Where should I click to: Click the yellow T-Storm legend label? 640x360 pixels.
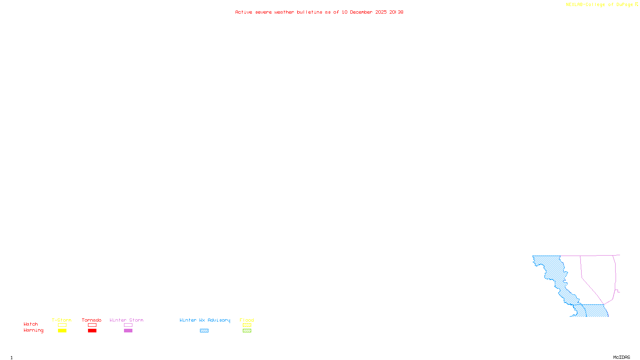62,320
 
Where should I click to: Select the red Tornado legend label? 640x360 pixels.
92,320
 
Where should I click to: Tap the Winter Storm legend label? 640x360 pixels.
126,320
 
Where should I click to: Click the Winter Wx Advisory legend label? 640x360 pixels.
205,320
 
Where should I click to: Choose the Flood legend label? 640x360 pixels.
247,320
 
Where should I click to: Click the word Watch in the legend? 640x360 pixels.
31,324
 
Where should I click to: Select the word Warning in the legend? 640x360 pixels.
33,330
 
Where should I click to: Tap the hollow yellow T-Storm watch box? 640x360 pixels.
62,325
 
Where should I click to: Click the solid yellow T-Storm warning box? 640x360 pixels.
62,331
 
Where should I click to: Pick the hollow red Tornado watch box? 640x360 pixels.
92,325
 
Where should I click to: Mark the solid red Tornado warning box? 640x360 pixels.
92,331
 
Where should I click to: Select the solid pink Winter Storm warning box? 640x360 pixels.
128,331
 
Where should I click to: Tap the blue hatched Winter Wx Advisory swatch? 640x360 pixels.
204,331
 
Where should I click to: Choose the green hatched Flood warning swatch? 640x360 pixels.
247,331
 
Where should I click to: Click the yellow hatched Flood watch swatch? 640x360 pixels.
247,325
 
